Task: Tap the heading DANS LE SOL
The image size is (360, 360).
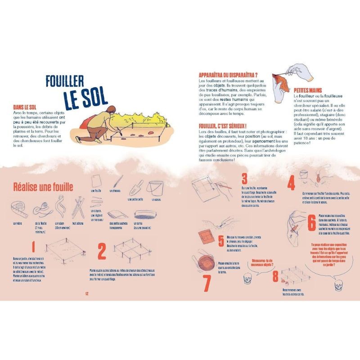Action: point(26,107)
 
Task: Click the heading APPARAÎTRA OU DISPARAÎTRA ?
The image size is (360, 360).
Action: point(228,75)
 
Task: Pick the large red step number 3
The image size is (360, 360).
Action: point(244,179)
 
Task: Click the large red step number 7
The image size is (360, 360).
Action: point(207,283)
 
